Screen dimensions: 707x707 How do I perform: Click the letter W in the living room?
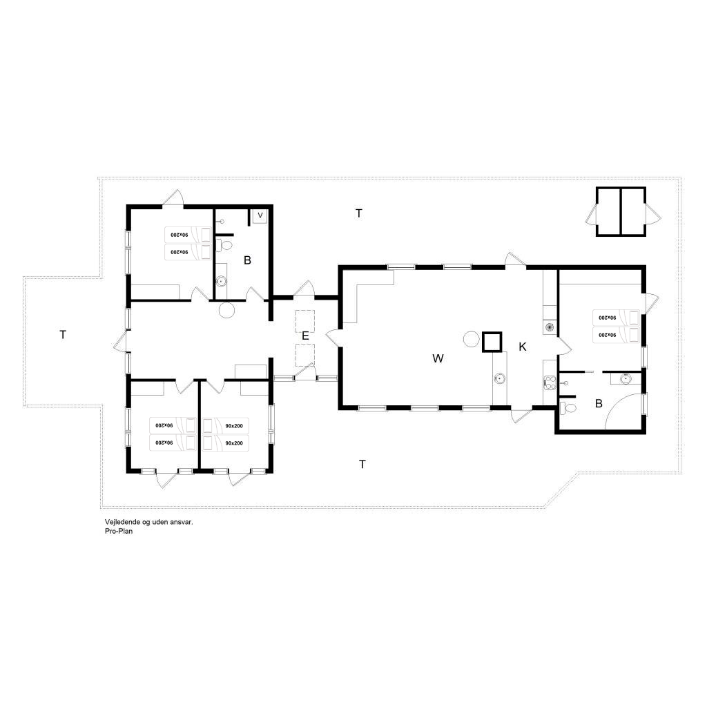[438, 358]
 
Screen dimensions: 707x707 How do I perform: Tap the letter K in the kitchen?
[523, 347]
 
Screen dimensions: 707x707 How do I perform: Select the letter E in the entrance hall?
[305, 336]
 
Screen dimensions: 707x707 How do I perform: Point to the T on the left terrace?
[63, 335]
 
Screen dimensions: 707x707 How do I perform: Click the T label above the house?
[359, 213]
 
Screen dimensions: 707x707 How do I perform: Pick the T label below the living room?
[362, 464]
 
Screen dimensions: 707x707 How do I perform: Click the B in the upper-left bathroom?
[247, 260]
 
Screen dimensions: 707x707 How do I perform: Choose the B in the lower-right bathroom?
[599, 403]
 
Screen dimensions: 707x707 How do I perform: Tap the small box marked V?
[260, 216]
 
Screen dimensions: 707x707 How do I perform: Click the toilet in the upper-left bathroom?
[224, 246]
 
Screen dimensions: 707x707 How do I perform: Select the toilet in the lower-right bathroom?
[568, 409]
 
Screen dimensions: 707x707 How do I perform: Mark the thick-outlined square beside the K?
[492, 342]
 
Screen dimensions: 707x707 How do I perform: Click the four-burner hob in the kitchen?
[549, 382]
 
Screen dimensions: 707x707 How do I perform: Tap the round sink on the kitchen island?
[500, 378]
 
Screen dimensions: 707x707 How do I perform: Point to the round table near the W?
[471, 338]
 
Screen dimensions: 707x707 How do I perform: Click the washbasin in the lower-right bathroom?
[625, 378]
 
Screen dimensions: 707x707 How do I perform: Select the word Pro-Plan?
[119, 531]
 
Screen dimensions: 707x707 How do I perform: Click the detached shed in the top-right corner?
[621, 211]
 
